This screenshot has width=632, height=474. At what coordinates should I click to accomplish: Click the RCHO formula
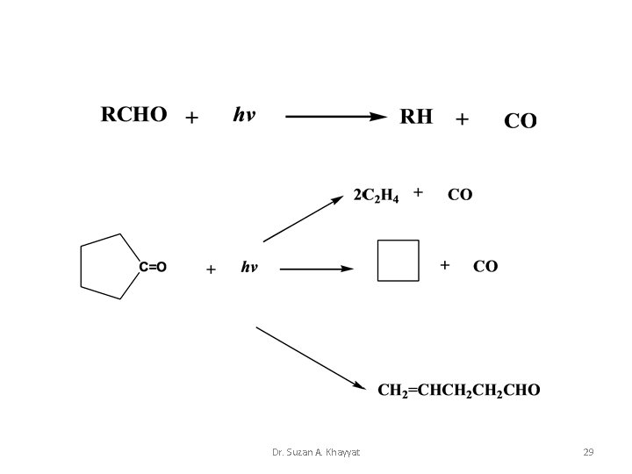133,117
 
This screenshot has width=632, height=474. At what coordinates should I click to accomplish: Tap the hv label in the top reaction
244,116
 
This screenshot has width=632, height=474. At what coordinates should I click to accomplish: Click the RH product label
416,117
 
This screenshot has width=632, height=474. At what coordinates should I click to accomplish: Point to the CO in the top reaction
520,121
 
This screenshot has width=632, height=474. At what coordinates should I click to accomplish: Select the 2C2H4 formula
376,195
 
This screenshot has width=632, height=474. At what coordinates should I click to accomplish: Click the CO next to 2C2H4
460,194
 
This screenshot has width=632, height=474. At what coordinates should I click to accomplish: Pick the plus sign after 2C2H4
418,191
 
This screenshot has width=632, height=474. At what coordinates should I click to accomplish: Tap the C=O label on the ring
153,265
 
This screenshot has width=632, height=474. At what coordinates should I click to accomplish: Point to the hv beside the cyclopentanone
249,267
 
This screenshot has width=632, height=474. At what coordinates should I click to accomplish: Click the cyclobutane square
396,260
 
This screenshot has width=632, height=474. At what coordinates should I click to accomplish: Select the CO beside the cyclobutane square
485,265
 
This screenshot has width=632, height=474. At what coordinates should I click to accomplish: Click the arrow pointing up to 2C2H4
304,219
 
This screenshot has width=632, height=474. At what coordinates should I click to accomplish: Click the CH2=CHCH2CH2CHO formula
459,389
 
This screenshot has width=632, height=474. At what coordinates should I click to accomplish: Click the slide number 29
588,452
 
